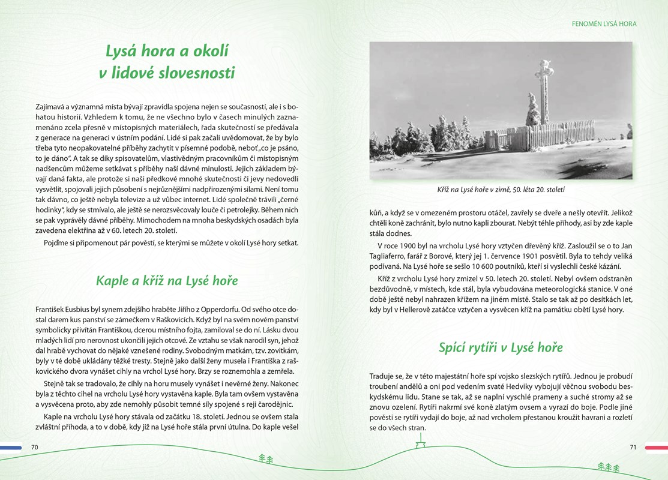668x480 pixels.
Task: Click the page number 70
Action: coord(35,447)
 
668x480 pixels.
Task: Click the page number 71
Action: coord(633,447)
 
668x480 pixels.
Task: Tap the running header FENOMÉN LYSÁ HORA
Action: coord(604,24)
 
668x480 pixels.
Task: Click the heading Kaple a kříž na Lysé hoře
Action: coord(167,281)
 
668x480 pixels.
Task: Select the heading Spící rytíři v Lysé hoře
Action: coord(501,347)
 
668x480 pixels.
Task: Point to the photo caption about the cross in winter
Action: coord(501,190)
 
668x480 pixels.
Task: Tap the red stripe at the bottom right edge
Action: coord(656,447)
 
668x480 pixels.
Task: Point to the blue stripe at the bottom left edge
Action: coord(11,447)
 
